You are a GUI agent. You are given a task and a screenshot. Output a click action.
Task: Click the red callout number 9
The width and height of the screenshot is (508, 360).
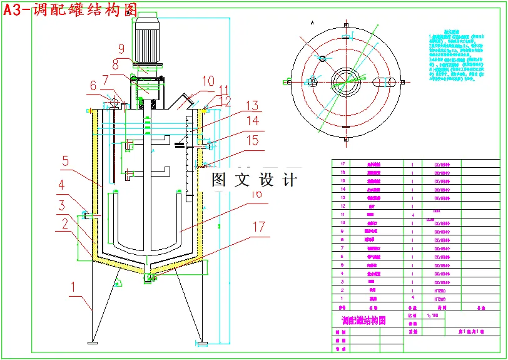[121, 48]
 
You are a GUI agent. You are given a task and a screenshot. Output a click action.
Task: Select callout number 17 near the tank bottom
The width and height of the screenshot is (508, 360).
[258, 228]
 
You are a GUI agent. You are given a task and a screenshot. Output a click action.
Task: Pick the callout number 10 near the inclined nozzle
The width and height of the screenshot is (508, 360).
[208, 81]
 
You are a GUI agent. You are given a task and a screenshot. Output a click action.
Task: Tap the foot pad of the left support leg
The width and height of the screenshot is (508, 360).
[93, 342]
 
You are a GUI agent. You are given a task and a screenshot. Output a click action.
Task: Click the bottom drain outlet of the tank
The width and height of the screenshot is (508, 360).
[148, 277]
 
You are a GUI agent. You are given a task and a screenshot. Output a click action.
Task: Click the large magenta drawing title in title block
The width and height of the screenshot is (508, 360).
[359, 320]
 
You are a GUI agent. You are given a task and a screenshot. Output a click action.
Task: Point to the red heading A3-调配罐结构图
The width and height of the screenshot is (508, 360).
[70, 11]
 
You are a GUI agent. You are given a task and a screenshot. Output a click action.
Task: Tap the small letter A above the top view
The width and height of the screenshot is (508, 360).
[312, 22]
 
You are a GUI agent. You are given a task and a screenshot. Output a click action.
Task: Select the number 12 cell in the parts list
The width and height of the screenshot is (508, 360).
[342, 205]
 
